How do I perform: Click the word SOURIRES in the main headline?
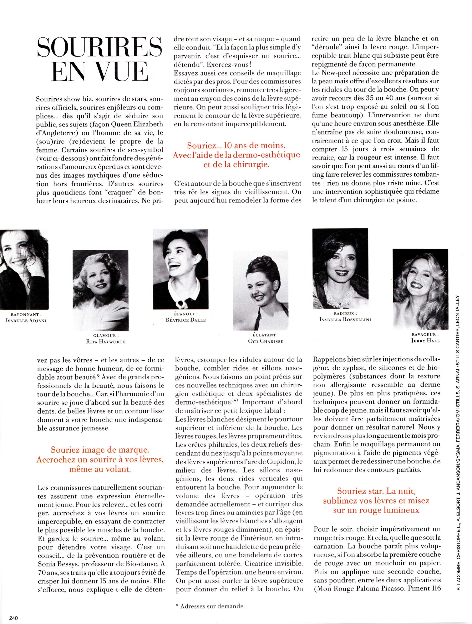click(x=100, y=47)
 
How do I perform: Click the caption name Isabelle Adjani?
click(x=26, y=321)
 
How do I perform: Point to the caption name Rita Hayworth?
click(x=106, y=342)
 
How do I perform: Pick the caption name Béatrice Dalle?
click(x=186, y=320)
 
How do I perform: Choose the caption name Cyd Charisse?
click(x=265, y=341)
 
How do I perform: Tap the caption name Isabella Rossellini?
click(x=345, y=320)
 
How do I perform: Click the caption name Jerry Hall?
click(x=425, y=340)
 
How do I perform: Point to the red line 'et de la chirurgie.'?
click(x=236, y=165)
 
